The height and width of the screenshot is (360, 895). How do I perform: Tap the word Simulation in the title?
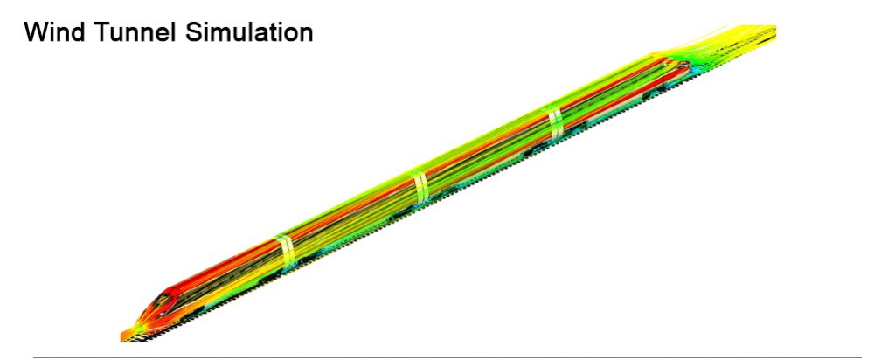pyautogui.click(x=249, y=32)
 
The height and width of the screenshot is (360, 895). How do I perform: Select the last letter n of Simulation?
pyautogui.click(x=306, y=35)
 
